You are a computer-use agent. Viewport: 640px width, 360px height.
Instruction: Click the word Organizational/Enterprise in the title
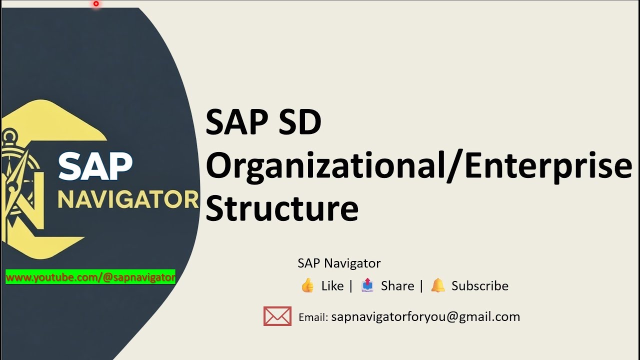click(x=419, y=166)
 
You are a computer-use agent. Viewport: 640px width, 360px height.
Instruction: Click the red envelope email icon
click(x=277, y=316)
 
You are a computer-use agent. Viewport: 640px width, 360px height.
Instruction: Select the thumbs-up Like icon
click(x=307, y=285)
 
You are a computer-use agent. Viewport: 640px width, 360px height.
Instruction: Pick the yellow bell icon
click(x=438, y=285)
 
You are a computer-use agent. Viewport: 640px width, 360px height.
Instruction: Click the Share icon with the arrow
click(x=367, y=285)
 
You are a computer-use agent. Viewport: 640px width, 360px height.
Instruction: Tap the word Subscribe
click(x=480, y=286)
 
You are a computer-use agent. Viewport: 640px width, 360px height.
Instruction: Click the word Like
click(x=332, y=286)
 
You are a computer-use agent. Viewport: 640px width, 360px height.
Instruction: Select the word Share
click(x=397, y=286)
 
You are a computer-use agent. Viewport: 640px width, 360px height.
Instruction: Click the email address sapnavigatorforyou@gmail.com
click(x=425, y=317)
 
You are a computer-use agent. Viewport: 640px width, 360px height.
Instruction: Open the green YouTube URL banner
click(x=90, y=277)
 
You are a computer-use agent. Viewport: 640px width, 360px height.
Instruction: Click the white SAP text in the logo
click(x=95, y=166)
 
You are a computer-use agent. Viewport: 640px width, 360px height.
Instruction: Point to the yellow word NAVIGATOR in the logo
click(x=128, y=199)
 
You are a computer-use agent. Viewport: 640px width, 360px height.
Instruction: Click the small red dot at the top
click(x=96, y=4)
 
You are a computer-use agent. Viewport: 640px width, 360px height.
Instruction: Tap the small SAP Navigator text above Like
click(x=339, y=263)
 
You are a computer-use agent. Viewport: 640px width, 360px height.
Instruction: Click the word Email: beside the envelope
click(x=313, y=317)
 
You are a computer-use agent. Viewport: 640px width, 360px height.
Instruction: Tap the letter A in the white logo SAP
click(x=95, y=166)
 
